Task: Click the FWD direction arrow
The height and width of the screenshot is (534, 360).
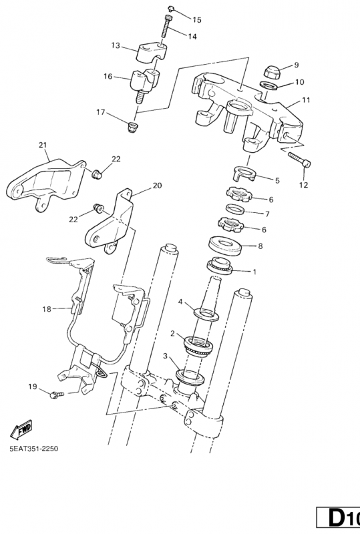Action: coord(21,429)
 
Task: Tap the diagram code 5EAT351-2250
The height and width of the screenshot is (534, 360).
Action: coord(34,449)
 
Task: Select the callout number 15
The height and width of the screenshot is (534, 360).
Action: coord(197,20)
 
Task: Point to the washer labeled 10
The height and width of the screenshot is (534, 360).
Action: coord(268,85)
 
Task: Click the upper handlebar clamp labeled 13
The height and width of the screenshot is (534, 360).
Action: coord(152,52)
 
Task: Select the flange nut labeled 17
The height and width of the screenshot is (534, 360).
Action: coord(133,127)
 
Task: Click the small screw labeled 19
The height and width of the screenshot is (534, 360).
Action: coord(57,394)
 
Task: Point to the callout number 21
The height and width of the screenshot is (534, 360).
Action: coord(42,145)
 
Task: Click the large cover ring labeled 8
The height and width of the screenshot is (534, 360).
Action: coord(225,246)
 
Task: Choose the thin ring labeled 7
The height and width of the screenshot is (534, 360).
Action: coord(236,210)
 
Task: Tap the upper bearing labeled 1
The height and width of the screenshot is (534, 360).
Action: coord(220,266)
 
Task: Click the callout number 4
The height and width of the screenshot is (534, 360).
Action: coord(181,302)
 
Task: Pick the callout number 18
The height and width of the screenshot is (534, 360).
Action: coord(47,309)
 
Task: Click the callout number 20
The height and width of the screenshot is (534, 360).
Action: coord(157,186)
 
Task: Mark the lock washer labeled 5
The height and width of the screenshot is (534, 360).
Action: coord(244,173)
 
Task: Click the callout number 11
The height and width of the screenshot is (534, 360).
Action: coord(306,100)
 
